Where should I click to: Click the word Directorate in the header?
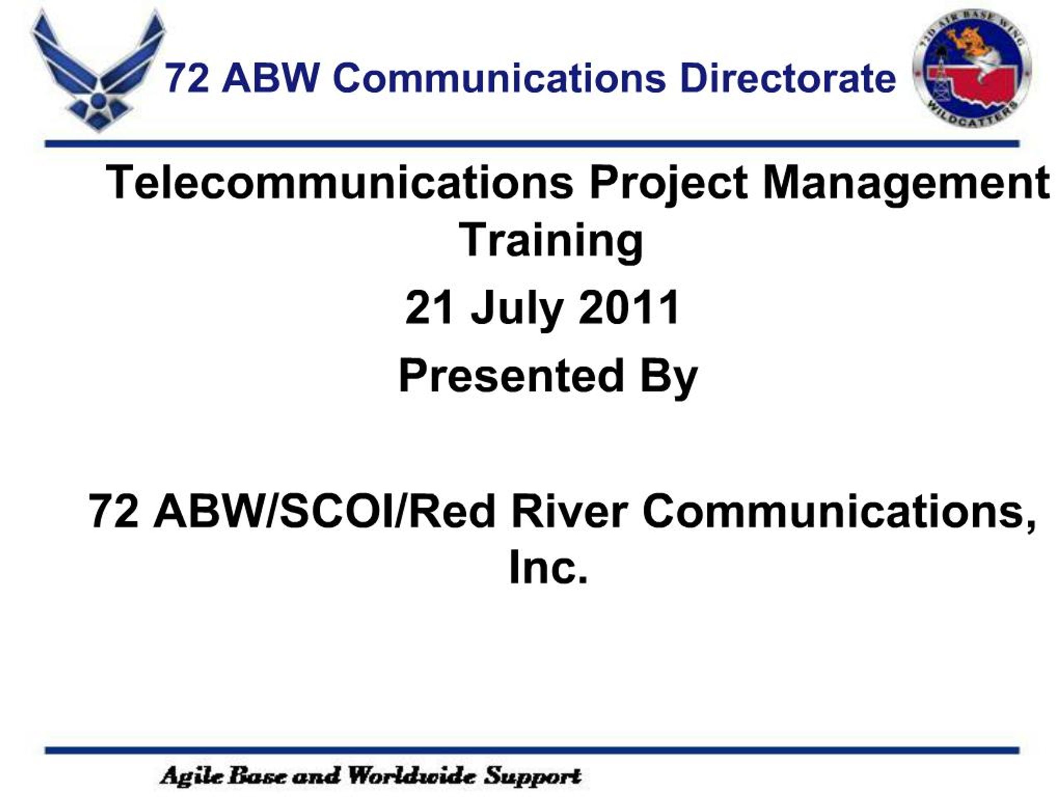(x=788, y=78)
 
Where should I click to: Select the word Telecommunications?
(x=339, y=183)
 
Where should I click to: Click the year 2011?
(x=629, y=308)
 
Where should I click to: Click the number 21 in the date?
(x=429, y=308)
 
